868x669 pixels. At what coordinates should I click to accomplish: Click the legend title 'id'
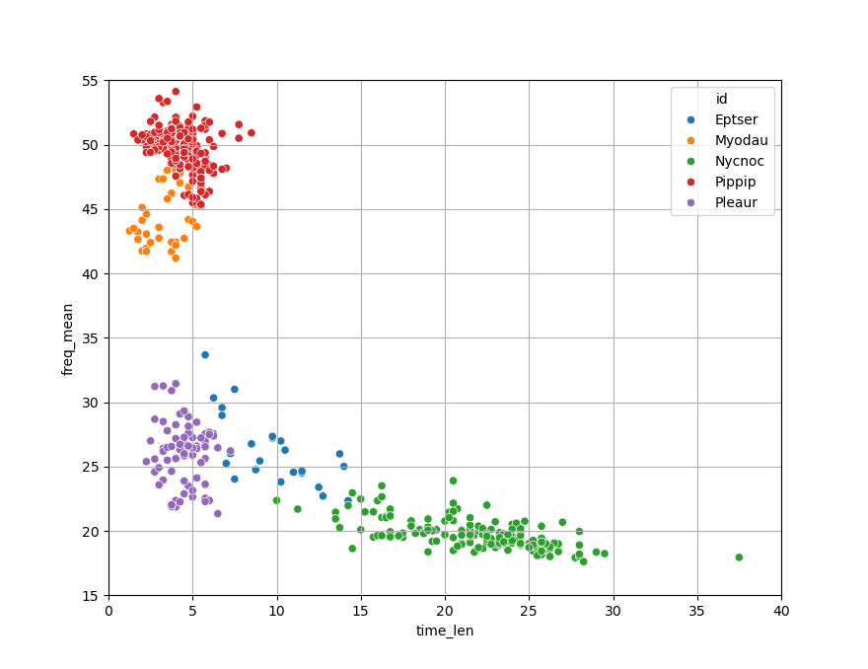pos(722,99)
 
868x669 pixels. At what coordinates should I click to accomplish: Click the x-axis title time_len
pos(445,631)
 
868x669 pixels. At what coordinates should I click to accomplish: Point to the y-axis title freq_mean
pos(68,338)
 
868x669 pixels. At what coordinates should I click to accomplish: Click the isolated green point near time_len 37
pos(739,557)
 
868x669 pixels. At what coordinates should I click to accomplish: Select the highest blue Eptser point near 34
pos(205,355)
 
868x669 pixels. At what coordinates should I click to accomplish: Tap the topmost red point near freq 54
pos(176,92)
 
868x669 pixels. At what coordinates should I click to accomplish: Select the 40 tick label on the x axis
pos(781,612)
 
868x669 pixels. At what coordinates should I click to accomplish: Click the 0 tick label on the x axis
pos(108,612)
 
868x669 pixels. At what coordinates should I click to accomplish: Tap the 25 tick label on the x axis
pos(529,612)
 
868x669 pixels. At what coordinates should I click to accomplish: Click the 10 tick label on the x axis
pos(276,612)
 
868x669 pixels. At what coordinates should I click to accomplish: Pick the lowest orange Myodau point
pos(176,258)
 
